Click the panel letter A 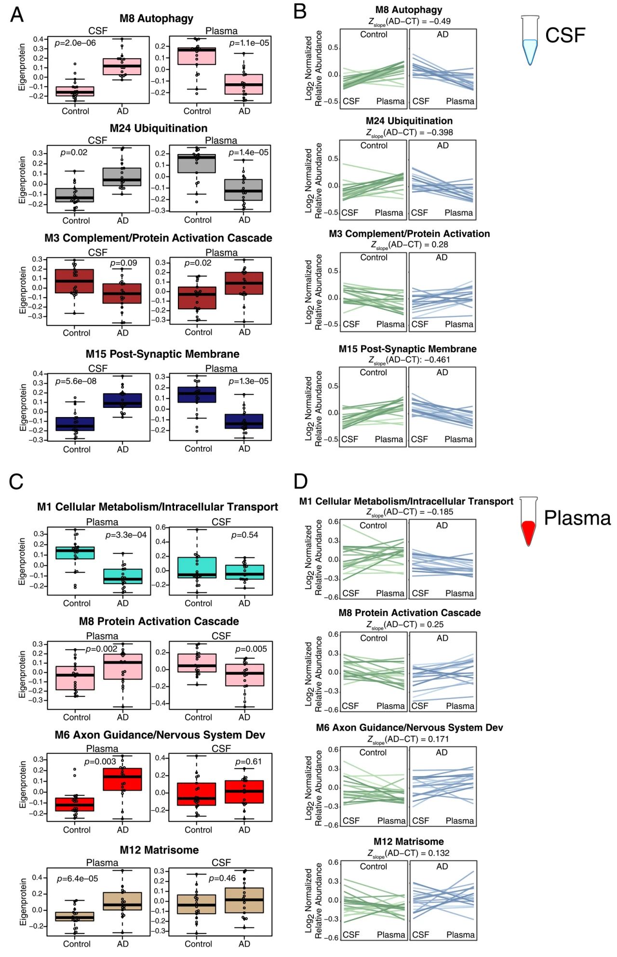(17, 15)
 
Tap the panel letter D (300, 481)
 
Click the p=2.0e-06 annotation (75, 43)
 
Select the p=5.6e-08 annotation (76, 381)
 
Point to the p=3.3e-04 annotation (126, 535)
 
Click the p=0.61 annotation (248, 761)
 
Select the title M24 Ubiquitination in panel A (159, 128)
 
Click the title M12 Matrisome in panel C (159, 850)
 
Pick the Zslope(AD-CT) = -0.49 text (409, 22)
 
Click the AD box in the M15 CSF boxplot (122, 400)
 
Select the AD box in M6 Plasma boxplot (122, 779)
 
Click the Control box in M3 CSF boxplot (74, 281)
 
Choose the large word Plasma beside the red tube (577, 518)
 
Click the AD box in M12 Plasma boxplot (122, 901)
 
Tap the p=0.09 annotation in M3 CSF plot (123, 263)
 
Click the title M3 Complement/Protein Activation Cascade (158, 238)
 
